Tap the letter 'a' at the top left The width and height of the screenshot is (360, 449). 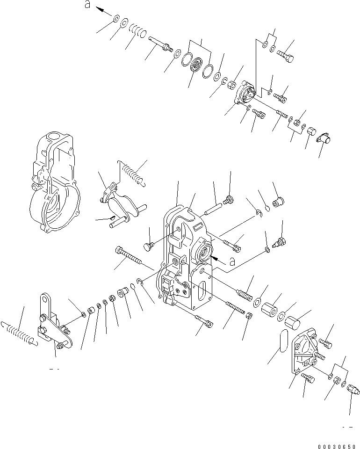pos(87,5)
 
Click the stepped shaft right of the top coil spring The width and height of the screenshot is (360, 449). pos(161,46)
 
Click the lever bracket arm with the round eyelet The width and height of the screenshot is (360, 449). pos(52,323)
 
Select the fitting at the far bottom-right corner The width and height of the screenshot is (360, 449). pos(353,389)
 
